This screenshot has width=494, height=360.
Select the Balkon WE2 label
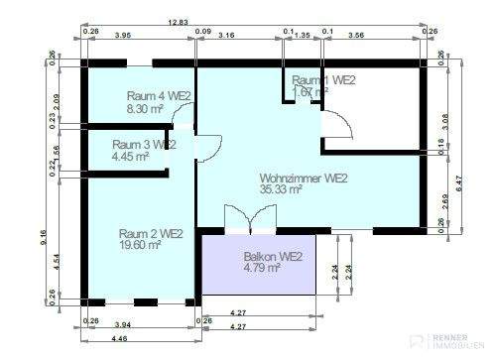pos(273,256)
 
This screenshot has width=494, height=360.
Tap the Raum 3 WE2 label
pos(144,145)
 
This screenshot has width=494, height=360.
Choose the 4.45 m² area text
pos(131,156)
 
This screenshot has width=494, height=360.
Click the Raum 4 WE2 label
pos(158,96)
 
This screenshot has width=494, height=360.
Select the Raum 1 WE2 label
pos(323,80)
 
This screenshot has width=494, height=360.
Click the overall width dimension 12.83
pos(179,21)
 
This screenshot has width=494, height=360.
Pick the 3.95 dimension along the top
pos(124,35)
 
